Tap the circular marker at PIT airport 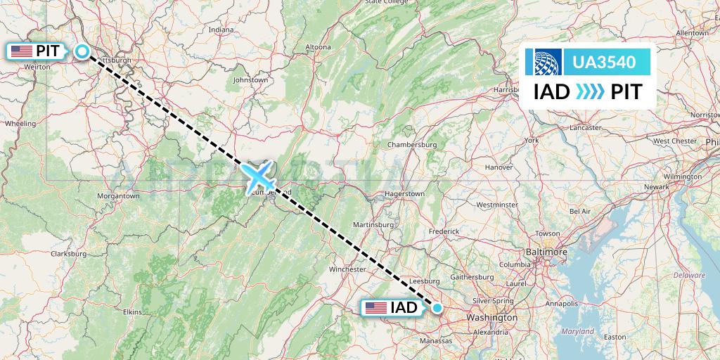tap(82, 51)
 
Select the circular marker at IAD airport tap(437, 307)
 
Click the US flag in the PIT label tap(22, 51)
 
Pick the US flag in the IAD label tap(376, 307)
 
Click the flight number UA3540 tap(604, 63)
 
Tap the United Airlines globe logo tap(548, 63)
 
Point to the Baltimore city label tap(546, 251)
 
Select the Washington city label tap(491, 318)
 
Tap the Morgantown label tap(117, 195)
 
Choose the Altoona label tap(317, 47)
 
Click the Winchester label tap(348, 269)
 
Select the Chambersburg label tap(412, 145)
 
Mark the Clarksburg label tap(68, 253)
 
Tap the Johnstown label tap(251, 80)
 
